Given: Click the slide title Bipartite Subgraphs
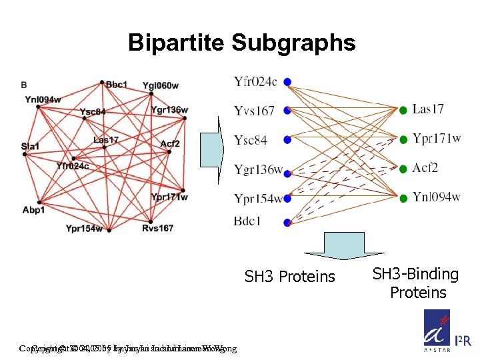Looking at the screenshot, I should (x=241, y=43).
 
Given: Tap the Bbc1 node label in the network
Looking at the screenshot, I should (x=117, y=84).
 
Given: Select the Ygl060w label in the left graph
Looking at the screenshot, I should (x=161, y=85).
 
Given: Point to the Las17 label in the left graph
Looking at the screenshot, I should (x=106, y=140).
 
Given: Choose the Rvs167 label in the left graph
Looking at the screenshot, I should (x=157, y=228).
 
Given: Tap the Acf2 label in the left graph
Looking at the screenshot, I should (x=170, y=143).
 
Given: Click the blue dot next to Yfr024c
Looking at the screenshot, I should (x=287, y=82).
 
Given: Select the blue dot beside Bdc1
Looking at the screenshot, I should (x=287, y=222).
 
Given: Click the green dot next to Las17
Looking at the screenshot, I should (x=403, y=109).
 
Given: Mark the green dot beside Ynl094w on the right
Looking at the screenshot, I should (x=403, y=197).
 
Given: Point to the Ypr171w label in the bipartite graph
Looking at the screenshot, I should (x=437, y=139).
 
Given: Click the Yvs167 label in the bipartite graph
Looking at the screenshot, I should (x=255, y=111).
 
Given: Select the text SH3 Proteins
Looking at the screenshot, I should (x=290, y=276).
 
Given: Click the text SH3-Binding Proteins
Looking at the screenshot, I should (x=415, y=283).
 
